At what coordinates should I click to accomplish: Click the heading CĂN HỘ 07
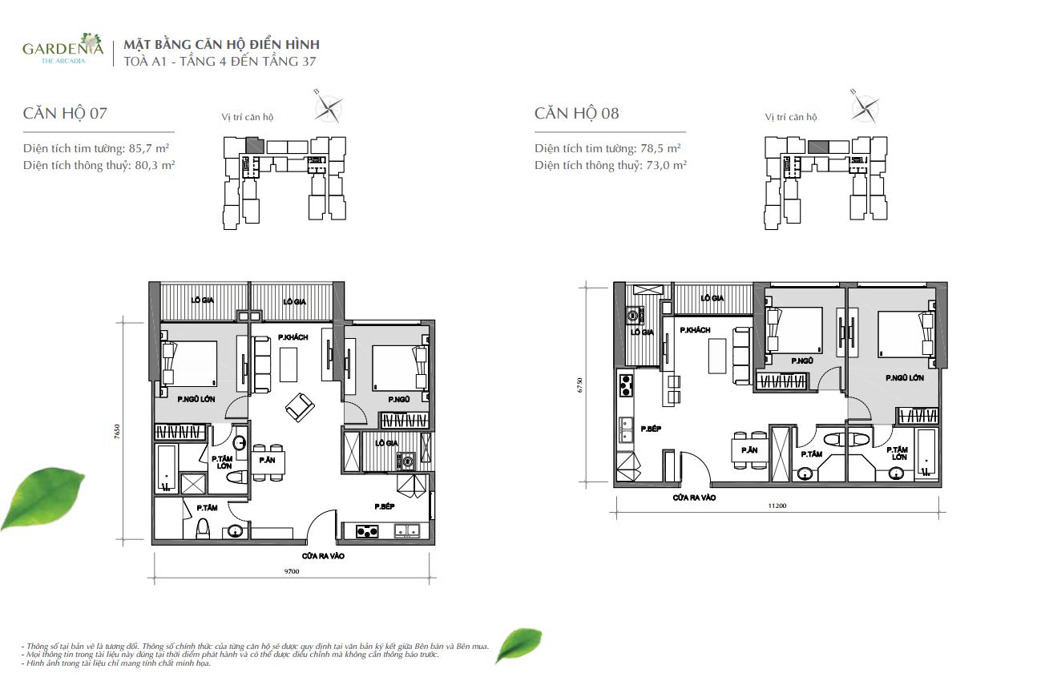point(65,113)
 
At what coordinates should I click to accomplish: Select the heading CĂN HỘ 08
point(577,113)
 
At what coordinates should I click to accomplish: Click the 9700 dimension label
point(292,572)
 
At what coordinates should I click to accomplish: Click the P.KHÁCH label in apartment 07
point(293,337)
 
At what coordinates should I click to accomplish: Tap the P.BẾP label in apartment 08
point(651,429)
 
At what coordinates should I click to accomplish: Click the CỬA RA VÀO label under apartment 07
point(323,555)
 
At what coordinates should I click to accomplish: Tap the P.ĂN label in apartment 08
point(749,450)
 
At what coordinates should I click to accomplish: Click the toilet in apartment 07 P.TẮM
point(204,528)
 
